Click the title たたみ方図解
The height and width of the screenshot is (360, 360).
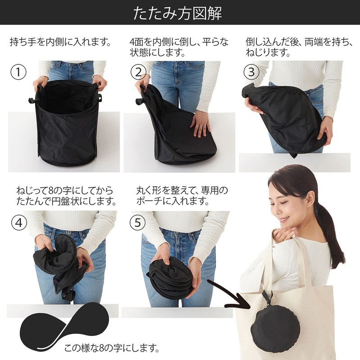(x=180, y=13)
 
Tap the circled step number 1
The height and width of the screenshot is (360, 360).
(x=19, y=72)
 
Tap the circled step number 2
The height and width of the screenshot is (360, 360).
(x=139, y=72)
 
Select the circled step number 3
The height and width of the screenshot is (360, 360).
(x=252, y=72)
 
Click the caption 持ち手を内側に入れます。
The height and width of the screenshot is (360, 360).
(x=60, y=43)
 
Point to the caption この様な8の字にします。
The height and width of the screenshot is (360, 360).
(x=112, y=347)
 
